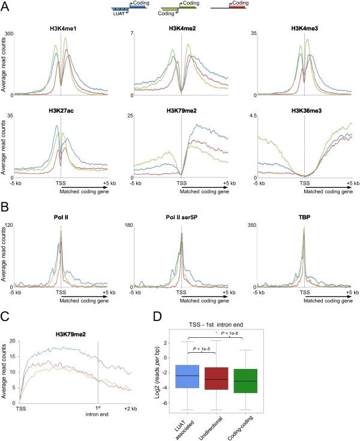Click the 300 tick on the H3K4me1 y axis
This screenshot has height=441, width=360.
click(8, 32)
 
